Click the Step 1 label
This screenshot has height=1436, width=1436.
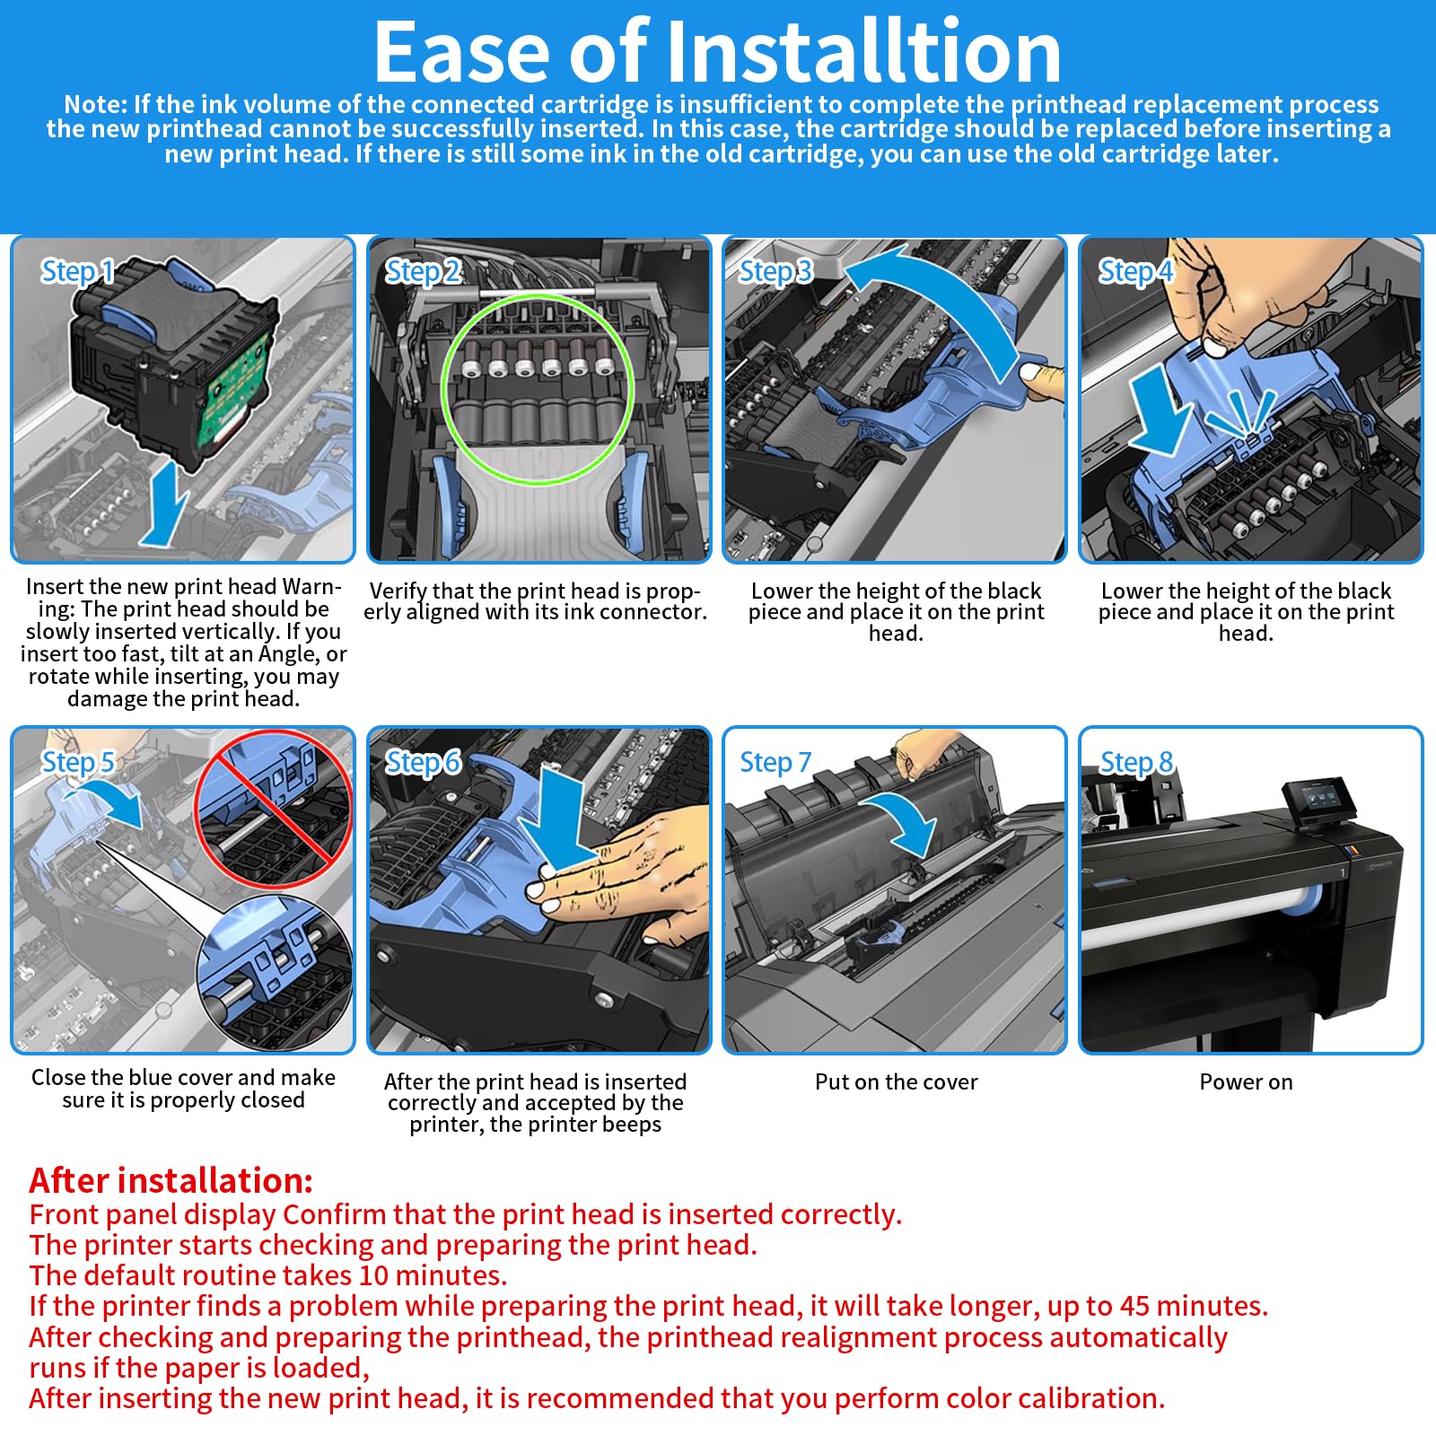pos(78,271)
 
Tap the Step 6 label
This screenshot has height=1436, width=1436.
pos(423,762)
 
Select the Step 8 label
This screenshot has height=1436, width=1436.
pos(1136,762)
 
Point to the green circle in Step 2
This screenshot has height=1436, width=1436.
pos(443,390)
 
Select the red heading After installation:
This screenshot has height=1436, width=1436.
pos(171,1179)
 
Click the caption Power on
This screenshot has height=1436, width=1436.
pos(1246,1082)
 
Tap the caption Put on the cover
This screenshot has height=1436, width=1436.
pos(896,1082)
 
